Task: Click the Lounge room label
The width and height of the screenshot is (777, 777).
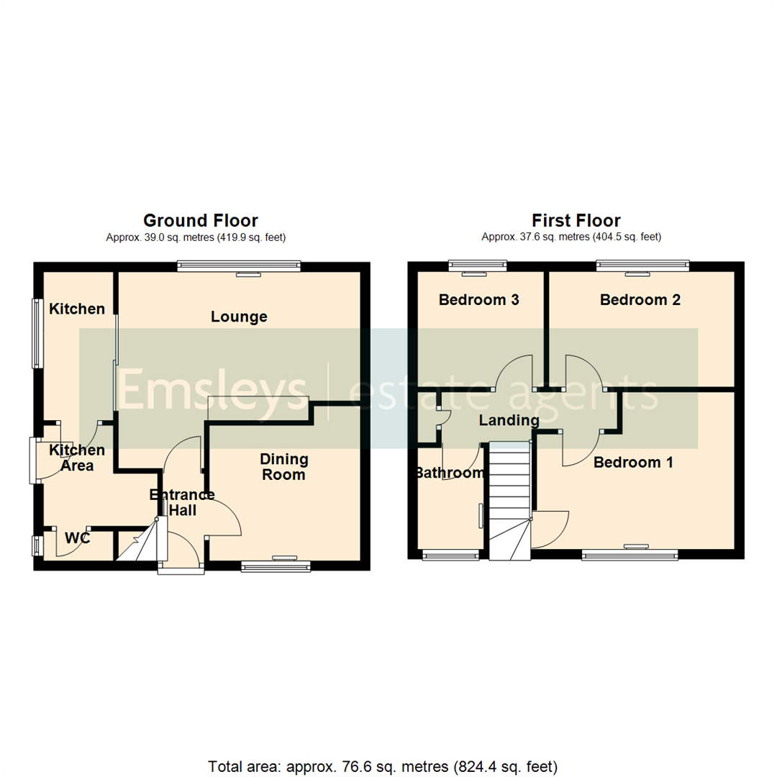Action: (239, 317)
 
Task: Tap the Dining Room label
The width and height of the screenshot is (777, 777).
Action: (284, 467)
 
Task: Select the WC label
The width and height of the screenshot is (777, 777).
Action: (77, 537)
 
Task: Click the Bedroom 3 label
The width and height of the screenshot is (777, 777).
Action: (478, 300)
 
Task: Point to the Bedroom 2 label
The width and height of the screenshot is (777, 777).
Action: (640, 300)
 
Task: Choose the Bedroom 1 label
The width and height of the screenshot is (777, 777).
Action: (633, 463)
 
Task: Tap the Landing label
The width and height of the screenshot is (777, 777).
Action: (509, 421)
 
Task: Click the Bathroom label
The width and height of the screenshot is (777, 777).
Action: (450, 473)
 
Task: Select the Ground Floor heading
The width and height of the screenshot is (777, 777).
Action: (201, 221)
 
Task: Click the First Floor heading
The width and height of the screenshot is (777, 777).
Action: (576, 221)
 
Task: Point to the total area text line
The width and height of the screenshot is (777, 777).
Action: (383, 767)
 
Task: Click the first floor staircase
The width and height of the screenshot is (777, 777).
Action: (510, 501)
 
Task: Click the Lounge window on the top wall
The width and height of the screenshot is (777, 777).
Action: (240, 266)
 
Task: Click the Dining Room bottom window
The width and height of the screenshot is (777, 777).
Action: (276, 566)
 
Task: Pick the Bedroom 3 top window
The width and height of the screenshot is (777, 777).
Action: (478, 265)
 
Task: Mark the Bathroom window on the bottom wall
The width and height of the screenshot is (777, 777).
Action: (450, 556)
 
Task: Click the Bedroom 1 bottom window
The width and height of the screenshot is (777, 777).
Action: (630, 556)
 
